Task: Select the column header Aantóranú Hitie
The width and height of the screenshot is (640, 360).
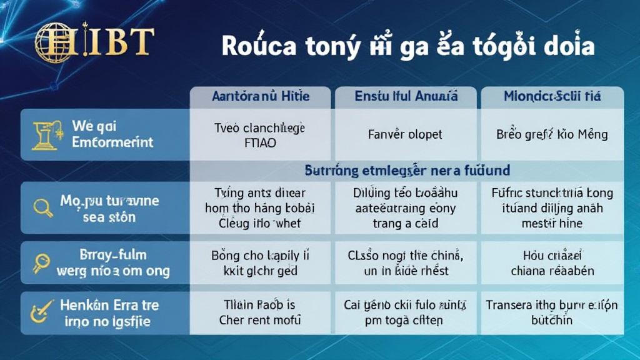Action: click(x=261, y=97)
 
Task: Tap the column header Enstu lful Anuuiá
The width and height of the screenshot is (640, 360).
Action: click(x=406, y=97)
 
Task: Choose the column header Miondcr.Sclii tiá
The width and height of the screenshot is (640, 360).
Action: click(x=552, y=97)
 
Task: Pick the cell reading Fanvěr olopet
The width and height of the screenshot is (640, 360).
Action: click(x=406, y=134)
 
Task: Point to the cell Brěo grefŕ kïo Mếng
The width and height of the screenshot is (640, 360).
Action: click(x=552, y=134)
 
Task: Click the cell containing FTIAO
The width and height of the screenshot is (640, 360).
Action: click(x=260, y=142)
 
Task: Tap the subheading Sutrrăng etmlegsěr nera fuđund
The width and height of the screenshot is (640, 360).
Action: click(x=406, y=169)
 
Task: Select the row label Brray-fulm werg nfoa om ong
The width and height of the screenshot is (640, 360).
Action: click(x=111, y=263)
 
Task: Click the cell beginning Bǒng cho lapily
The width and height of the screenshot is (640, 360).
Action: click(x=260, y=263)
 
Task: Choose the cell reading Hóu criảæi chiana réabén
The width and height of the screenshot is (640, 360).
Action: click(x=552, y=263)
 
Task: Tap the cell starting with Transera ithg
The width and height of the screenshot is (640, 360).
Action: click(x=552, y=312)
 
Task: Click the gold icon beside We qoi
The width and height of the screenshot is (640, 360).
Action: click(x=46, y=134)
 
